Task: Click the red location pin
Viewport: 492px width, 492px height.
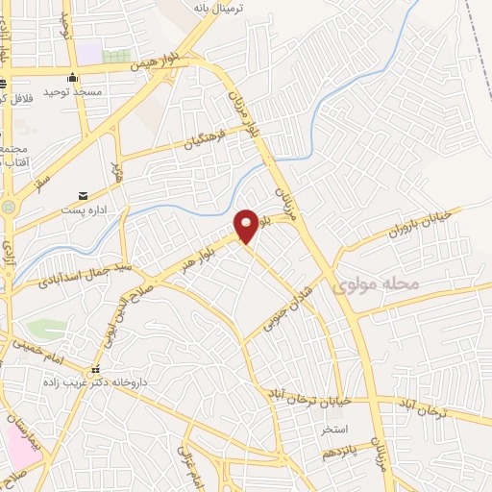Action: click(x=247, y=225)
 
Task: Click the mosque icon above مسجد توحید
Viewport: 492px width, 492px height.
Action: click(x=72, y=80)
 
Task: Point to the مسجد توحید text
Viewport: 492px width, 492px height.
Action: click(x=73, y=96)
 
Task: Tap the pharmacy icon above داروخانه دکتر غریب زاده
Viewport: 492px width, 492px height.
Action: click(x=94, y=369)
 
